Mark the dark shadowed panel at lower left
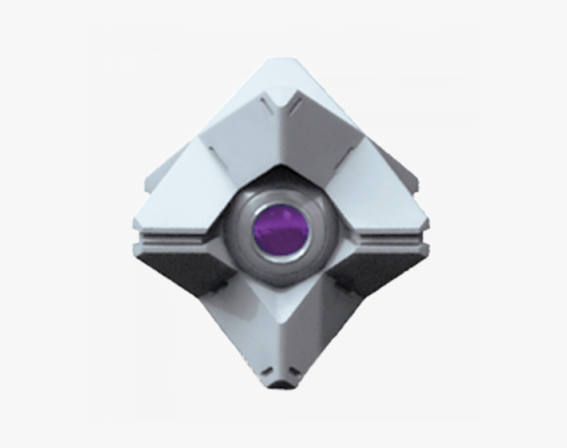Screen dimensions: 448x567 (x=185, y=270)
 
